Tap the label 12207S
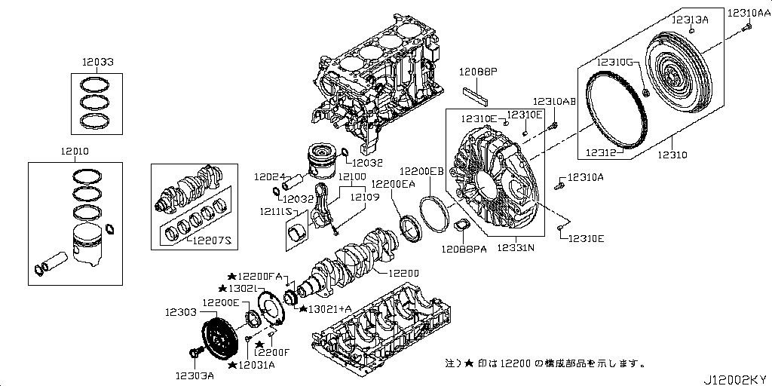[211, 240]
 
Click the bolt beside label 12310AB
[555, 125]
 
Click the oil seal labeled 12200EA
[413, 228]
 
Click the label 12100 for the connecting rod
[352, 176]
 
